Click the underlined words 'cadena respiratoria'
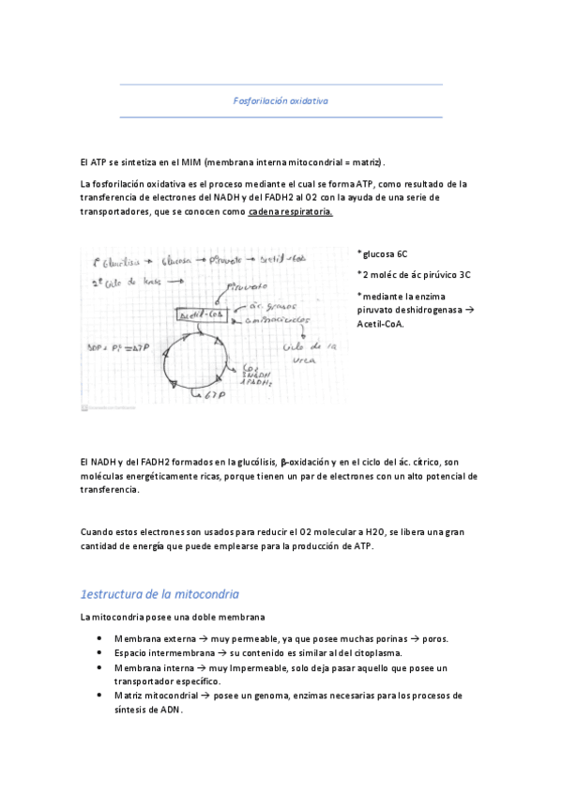[290, 213]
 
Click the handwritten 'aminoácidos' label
[279, 319]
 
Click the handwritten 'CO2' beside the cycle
[251, 367]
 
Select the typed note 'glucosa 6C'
[385, 254]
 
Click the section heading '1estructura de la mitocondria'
[159, 594]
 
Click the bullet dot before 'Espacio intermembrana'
[100, 652]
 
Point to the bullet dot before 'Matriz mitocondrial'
[100, 696]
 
